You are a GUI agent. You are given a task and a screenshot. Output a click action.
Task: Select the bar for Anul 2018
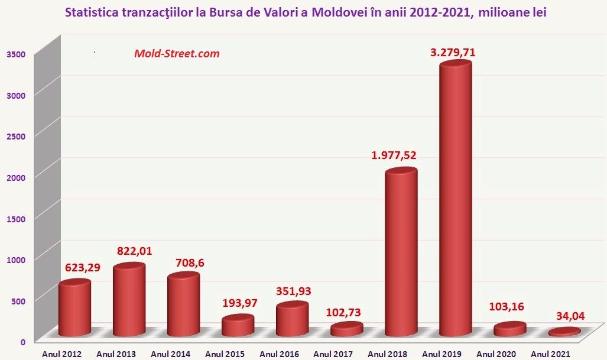(x=401, y=252)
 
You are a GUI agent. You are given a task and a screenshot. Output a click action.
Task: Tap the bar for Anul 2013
(x=129, y=299)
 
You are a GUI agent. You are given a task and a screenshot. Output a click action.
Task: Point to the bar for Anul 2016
(x=293, y=319)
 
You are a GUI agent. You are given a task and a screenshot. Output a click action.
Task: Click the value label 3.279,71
(x=453, y=52)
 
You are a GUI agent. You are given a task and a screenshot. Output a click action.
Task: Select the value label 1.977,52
(x=394, y=155)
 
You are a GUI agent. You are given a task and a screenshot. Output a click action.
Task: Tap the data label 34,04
(x=570, y=316)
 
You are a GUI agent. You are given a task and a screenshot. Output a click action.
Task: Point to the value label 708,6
(x=190, y=263)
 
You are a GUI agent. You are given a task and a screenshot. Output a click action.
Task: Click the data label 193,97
(x=240, y=303)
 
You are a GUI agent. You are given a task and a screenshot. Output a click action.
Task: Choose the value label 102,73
(x=343, y=312)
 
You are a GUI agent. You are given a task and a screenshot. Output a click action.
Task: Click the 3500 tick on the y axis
(x=16, y=54)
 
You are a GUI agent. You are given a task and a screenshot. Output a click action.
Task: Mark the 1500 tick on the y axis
(x=16, y=219)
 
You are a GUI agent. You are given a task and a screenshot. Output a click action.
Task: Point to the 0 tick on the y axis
(x=23, y=342)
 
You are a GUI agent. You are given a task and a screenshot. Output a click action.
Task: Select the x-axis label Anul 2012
(x=62, y=354)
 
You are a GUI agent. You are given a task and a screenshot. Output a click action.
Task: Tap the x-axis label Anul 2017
(x=333, y=354)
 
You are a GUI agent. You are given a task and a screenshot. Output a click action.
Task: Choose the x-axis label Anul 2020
(x=496, y=354)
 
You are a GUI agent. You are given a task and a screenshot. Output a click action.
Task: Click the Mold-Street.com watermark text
(x=177, y=53)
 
